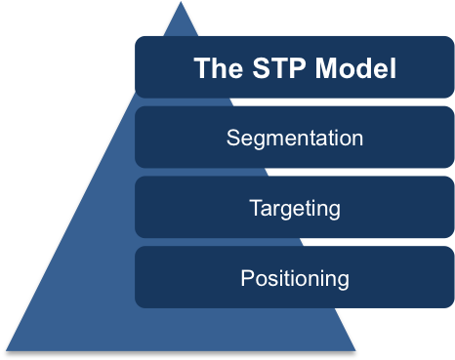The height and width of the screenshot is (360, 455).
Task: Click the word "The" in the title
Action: point(213,68)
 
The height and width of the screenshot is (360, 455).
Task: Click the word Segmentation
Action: point(295,138)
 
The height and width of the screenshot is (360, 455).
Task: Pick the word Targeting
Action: point(295,208)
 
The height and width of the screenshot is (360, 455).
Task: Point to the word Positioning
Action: point(295,278)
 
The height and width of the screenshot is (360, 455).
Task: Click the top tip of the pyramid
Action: point(181,3)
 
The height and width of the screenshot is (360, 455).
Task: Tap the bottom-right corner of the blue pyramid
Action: point(355,350)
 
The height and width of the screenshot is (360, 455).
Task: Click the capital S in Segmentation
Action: point(233,138)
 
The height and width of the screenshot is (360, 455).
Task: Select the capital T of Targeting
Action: point(255,207)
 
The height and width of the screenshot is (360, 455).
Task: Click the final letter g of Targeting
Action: point(334,210)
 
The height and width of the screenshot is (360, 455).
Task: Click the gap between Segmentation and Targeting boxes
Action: point(295,172)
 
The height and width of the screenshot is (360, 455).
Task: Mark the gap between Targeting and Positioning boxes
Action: point(295,242)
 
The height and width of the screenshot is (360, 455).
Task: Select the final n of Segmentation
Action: point(356,139)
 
